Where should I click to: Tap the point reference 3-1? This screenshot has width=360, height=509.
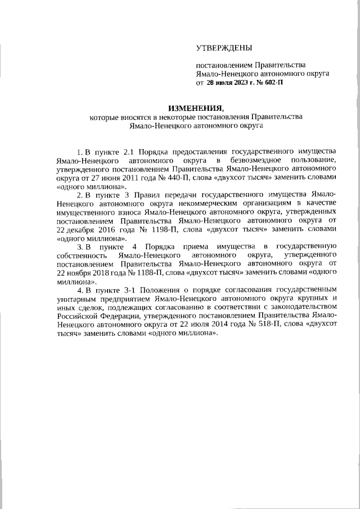point(131,290)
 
